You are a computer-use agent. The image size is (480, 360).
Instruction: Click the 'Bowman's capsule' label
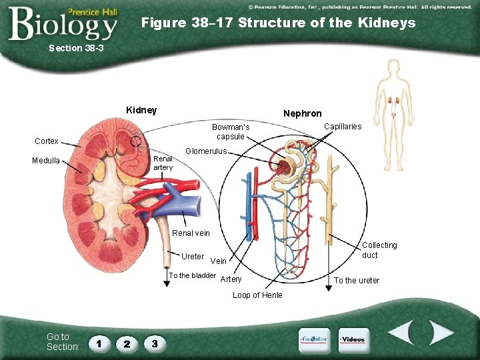point(231,132)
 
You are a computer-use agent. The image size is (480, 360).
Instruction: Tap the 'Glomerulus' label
point(206,151)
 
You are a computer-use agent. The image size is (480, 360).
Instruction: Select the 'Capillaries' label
point(343,127)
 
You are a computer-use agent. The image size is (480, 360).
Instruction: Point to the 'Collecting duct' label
point(379,250)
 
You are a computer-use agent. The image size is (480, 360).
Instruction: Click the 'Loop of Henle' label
point(257,295)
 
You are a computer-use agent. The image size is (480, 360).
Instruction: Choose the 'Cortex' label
point(47,141)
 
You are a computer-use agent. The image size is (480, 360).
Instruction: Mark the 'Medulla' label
point(46,161)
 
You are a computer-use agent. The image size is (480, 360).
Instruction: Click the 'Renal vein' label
point(191,233)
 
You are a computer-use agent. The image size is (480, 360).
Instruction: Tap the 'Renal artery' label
point(163,163)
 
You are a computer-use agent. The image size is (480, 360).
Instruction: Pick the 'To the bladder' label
point(193,275)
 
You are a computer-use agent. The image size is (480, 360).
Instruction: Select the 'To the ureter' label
point(357,281)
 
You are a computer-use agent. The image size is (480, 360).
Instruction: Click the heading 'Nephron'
point(302,113)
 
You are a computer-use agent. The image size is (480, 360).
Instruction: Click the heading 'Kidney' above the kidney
point(141,110)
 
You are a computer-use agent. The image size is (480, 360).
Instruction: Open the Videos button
point(353,339)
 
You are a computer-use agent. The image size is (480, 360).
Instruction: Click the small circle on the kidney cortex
point(136,141)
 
